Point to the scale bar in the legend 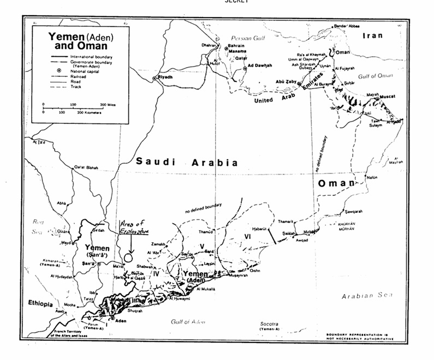click(x=74, y=107)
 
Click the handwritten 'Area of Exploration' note click(x=133, y=227)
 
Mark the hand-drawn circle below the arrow click(x=129, y=255)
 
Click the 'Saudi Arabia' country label click(x=187, y=162)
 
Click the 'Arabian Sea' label click(x=366, y=296)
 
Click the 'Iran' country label click(x=373, y=35)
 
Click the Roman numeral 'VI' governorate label click(x=247, y=236)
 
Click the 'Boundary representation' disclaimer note click(x=360, y=336)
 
